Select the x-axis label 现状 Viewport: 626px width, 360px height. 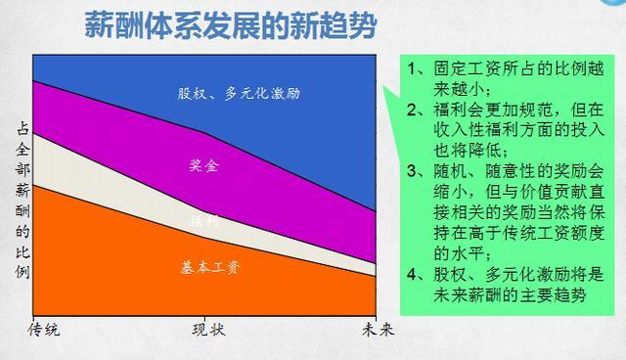click(205, 330)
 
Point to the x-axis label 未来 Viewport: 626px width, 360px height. click(376, 330)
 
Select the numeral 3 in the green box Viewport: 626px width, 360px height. click(414, 170)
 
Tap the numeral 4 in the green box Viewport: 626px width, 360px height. click(414, 273)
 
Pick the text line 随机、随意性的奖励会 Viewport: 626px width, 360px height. click(514, 170)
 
